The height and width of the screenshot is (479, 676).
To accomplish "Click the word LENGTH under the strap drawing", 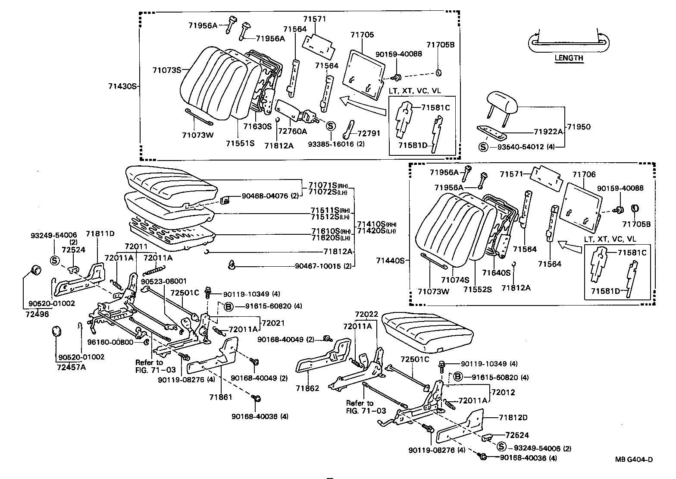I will pos(569,58).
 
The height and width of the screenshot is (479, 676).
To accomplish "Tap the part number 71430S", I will pos(122,86).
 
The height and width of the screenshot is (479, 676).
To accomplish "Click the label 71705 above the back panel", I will pos(362,35).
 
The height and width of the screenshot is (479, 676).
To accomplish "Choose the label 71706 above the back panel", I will pos(584,174).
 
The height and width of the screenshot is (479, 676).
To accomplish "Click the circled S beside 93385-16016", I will pos(330,126).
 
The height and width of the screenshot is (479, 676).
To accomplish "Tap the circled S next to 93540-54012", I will pos(483,147).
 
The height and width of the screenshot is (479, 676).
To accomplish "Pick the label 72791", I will pos(369,133).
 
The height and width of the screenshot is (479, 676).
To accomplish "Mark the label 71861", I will pos(221,397).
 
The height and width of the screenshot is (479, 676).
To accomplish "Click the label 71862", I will pos(307,388).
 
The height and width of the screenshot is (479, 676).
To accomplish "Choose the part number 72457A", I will pos(71,367).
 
